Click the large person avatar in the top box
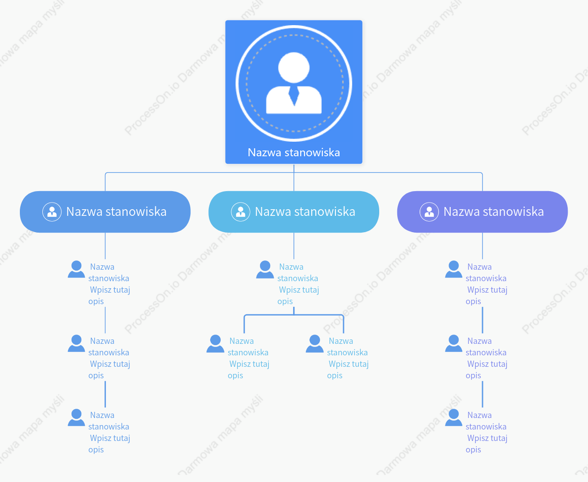294,83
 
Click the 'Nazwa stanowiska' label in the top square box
294,152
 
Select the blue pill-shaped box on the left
105,211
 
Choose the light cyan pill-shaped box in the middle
294,211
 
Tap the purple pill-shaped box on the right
482,211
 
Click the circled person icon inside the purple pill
429,212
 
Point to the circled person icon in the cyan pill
240,212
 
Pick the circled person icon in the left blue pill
52,212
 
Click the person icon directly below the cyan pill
265,269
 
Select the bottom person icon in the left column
76,418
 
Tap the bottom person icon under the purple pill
454,418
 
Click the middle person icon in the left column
76,343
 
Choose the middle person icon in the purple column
454,343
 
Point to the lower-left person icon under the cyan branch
215,343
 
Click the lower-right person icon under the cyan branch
314,343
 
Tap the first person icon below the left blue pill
76,269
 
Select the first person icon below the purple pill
454,269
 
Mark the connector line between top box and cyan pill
294,177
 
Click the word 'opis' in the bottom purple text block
473,450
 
